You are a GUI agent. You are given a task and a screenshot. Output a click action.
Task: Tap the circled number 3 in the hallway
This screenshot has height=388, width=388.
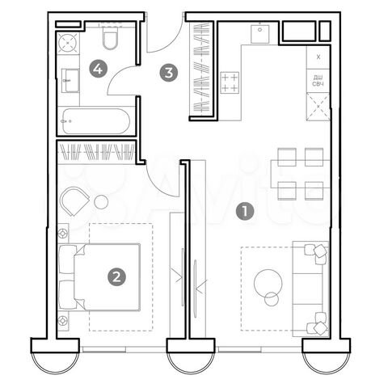(x=168, y=73)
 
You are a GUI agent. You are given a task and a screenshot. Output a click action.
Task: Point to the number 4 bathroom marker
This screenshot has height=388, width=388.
(x=98, y=70)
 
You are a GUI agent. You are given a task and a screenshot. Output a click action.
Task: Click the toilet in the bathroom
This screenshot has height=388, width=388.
(x=112, y=40)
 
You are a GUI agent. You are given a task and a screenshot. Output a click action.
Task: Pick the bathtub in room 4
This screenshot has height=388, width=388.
(x=95, y=120)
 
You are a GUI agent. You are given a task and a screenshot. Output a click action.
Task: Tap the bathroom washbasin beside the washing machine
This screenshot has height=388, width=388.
(x=69, y=78)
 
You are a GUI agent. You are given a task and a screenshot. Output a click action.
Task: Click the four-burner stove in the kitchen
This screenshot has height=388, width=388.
(x=230, y=81)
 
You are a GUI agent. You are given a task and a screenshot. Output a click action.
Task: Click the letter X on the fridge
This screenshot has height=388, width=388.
(x=318, y=57)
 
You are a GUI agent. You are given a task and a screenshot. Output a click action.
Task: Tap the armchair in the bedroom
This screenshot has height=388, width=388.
(x=76, y=199)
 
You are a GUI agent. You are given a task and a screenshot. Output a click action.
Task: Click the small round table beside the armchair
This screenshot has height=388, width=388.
(x=102, y=202)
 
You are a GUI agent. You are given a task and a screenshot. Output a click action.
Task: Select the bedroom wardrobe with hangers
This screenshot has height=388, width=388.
(x=97, y=151)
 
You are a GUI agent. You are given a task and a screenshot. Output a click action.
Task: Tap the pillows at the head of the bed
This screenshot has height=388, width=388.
(x=67, y=276)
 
